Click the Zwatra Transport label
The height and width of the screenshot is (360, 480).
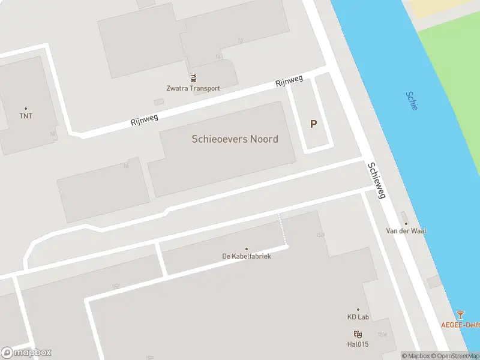(x=193, y=88)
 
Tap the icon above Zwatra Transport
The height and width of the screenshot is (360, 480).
(x=193, y=78)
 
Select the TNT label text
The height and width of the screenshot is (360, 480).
(x=26, y=116)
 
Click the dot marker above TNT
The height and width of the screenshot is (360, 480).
(x=26, y=109)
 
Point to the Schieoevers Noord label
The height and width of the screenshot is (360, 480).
(x=235, y=139)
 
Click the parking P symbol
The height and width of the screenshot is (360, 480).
(x=313, y=124)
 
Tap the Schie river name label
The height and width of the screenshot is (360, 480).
(x=412, y=101)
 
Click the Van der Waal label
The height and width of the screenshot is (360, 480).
(x=406, y=230)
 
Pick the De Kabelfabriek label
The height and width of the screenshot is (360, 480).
(x=246, y=256)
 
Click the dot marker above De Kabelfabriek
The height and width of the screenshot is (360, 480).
(x=246, y=248)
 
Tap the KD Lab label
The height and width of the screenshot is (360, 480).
(x=358, y=317)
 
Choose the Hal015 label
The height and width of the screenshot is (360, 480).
(x=358, y=344)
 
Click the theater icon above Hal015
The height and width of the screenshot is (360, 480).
(x=358, y=334)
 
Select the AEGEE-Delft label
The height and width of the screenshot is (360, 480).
(x=460, y=325)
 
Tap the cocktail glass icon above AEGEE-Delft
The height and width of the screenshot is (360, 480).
(x=460, y=314)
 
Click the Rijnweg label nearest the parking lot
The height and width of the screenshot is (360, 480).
(x=289, y=82)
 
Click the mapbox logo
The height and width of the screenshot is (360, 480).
(x=26, y=353)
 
